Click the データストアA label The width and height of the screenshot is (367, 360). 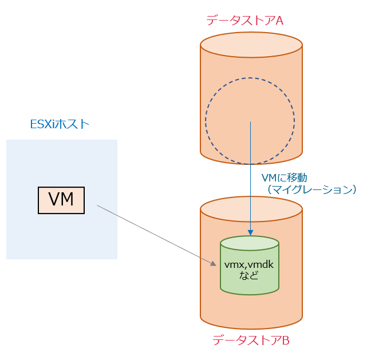tap(245, 21)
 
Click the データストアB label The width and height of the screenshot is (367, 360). tap(251, 340)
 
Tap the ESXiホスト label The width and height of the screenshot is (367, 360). tap(60, 124)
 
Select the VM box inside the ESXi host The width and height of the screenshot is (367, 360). tap(61, 200)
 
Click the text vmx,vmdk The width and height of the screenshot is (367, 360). tap(250, 265)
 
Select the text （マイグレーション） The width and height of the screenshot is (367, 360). tap(309, 189)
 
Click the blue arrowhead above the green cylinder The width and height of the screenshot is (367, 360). tap(250, 231)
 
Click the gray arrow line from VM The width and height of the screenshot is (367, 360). tap(155, 234)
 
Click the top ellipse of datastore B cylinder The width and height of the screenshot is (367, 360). tap(251, 209)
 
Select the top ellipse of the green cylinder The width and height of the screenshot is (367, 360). tap(250, 243)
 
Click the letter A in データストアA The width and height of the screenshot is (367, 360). tap(280, 21)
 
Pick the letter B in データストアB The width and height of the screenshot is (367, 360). tap(285, 340)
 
